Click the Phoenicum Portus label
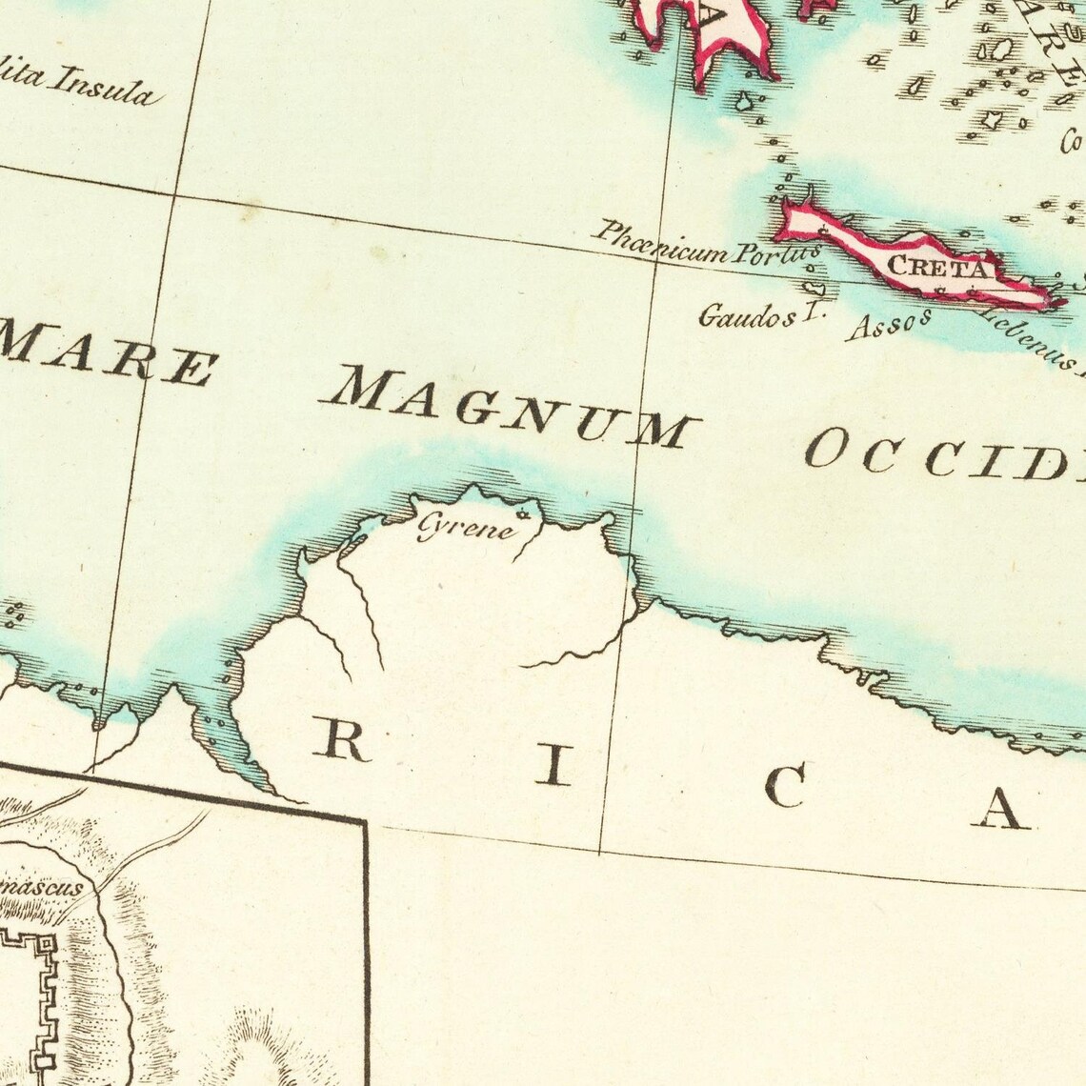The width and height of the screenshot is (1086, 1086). (x=706, y=244)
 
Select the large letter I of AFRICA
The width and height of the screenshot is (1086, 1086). (x=553, y=766)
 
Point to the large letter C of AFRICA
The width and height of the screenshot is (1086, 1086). (x=787, y=788)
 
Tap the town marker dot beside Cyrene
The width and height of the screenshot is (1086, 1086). (x=521, y=515)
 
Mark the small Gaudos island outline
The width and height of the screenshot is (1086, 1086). (x=812, y=288)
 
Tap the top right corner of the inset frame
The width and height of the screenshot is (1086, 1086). (x=366, y=820)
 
